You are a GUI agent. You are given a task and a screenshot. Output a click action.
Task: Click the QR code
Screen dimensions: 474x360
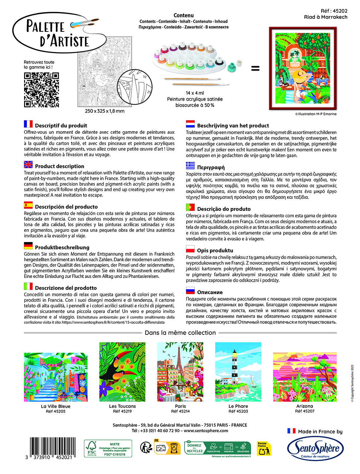[x=41, y=90]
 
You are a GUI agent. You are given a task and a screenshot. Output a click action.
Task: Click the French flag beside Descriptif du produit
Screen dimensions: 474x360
[x=28, y=124]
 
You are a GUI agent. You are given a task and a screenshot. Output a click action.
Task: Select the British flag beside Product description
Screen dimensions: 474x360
[x=28, y=165]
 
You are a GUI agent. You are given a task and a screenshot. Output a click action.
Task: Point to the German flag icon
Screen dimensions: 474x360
[x=28, y=246]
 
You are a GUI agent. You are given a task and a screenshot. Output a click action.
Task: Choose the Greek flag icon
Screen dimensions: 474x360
[x=191, y=165]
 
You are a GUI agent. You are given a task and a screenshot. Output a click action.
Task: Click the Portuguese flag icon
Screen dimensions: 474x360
[x=191, y=207]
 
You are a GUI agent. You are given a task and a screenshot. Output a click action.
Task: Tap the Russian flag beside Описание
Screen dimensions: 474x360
[x=191, y=291]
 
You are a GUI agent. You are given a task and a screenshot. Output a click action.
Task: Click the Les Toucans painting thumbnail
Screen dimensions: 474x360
[x=122, y=372]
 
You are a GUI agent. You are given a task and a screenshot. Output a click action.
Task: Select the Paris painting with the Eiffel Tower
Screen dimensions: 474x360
[x=181, y=372]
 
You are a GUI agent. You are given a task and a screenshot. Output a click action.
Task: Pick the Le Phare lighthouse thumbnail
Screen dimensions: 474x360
[x=238, y=372]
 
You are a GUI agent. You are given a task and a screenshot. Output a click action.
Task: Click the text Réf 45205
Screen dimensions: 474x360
[x=56, y=411]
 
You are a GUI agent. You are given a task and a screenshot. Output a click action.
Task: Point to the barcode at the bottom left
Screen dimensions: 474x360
[x=51, y=447]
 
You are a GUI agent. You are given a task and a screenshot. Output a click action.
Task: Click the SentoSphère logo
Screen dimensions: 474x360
[x=316, y=448]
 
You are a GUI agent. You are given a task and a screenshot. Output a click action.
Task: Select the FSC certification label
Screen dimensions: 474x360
[x=108, y=449]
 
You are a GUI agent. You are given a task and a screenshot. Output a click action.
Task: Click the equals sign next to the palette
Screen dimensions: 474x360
[x=255, y=68]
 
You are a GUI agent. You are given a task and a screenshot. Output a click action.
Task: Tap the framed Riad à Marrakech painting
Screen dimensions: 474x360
[x=303, y=68]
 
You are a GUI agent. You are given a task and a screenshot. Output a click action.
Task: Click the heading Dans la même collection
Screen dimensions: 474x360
[x=180, y=333]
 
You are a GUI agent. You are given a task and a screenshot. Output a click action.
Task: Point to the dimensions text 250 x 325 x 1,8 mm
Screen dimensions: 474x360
[x=105, y=111]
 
